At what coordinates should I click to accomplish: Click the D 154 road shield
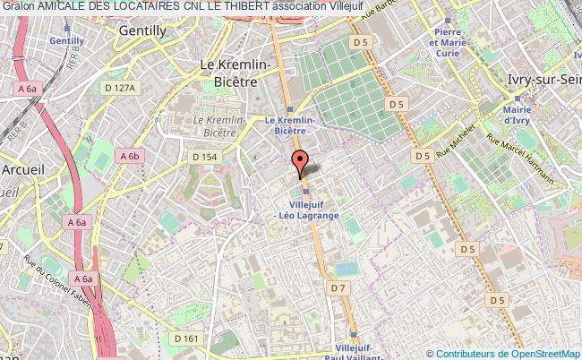[205, 157]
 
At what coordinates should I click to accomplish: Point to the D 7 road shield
[338, 287]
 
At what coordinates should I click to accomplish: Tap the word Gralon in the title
[18, 6]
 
